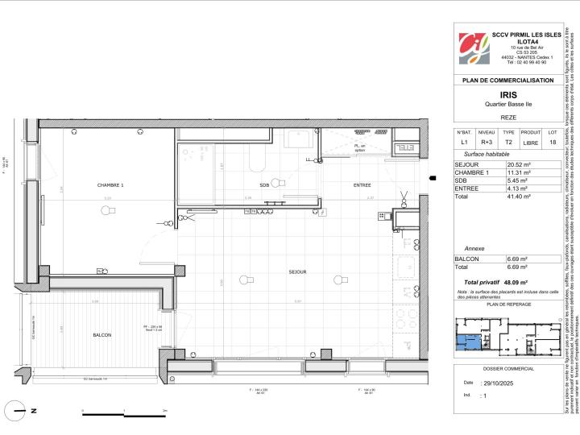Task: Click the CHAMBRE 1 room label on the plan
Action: tap(110, 185)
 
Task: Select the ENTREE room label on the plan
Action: tap(339, 185)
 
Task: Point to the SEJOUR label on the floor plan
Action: tap(298, 272)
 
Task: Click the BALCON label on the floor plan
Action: tap(101, 335)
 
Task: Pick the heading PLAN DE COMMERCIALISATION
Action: tap(507, 81)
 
